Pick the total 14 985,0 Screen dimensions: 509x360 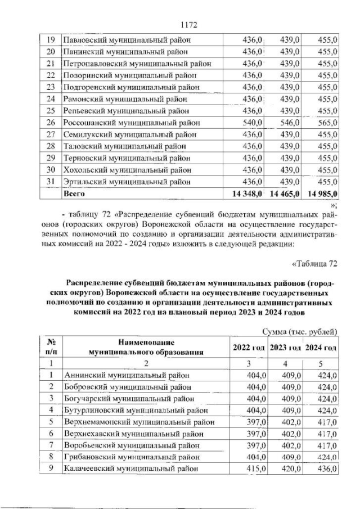(320, 194)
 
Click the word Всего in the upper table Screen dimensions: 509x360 (74, 194)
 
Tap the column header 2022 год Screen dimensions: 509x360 (249, 348)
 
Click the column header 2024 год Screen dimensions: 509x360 (321, 348)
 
